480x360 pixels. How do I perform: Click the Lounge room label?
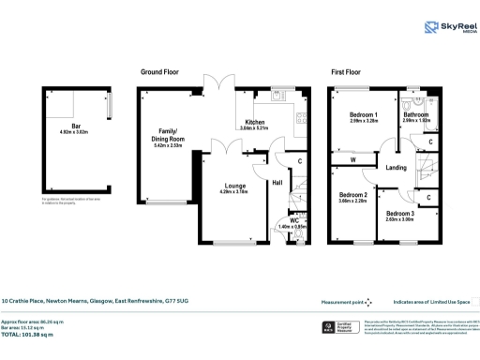coord(234,187)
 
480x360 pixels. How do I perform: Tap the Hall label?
coord(278,183)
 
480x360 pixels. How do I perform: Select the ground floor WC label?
coord(292,219)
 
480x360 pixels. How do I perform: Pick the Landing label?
coord(395,168)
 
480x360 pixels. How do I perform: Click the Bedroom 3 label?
coord(400,214)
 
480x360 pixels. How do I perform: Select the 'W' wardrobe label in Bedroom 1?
coord(353,160)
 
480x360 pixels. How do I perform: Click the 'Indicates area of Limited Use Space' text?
coord(430,303)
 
